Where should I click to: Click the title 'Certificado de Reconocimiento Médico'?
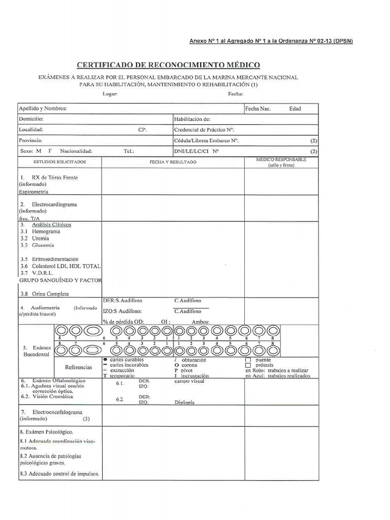[x=168, y=65]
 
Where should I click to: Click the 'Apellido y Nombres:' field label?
[x=43, y=109]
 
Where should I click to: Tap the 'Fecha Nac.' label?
[x=258, y=109]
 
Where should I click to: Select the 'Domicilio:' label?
[x=31, y=119]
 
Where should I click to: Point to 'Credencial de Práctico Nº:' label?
[x=204, y=129]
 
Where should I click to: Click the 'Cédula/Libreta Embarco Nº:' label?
[x=206, y=140]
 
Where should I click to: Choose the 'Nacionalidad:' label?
[x=76, y=151]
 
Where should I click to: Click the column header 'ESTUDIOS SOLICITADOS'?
[x=60, y=161]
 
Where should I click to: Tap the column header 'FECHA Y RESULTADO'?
[x=173, y=162]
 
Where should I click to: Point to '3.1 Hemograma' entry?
[x=40, y=232]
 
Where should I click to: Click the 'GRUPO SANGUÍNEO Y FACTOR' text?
[x=60, y=280]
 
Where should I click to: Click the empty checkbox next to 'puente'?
[x=248, y=360]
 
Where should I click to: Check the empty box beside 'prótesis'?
[x=248, y=365]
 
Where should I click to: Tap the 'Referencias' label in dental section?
[x=79, y=367]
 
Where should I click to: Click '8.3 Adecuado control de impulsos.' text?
[x=59, y=474]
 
